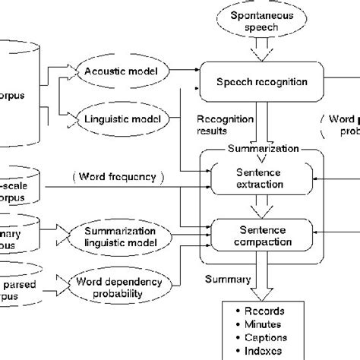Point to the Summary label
pyautogui.click(x=227, y=279)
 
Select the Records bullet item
pyautogui.click(x=262, y=311)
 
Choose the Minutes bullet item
pyautogui.click(x=262, y=324)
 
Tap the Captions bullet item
pyautogui.click(x=265, y=337)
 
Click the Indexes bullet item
pyautogui.click(x=264, y=350)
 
